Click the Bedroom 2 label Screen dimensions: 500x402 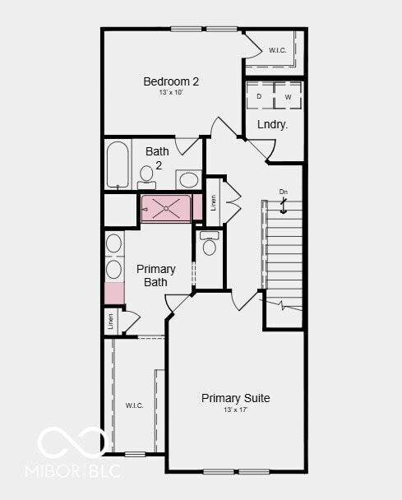[x=171, y=81]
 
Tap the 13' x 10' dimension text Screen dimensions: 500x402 [x=171, y=93]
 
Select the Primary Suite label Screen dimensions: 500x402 [x=235, y=398]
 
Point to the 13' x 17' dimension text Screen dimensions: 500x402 [x=235, y=410]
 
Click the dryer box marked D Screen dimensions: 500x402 [x=259, y=96]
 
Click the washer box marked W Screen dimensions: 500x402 [x=288, y=96]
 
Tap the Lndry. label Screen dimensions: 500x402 [x=272, y=125]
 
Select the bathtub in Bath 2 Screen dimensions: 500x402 [x=118, y=164]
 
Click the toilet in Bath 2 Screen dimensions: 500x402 [x=147, y=175]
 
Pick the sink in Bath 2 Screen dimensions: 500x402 [x=188, y=179]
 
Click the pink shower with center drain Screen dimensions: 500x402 [x=166, y=209]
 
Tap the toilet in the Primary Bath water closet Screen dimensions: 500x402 [x=209, y=243]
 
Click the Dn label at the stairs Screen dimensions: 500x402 [x=284, y=192]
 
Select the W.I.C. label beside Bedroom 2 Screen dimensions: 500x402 [x=278, y=51]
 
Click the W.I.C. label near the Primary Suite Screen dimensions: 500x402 [x=134, y=405]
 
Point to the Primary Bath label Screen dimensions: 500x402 [x=155, y=275]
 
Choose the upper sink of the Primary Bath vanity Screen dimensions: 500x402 [x=113, y=243]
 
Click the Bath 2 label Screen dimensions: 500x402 [x=158, y=158]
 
